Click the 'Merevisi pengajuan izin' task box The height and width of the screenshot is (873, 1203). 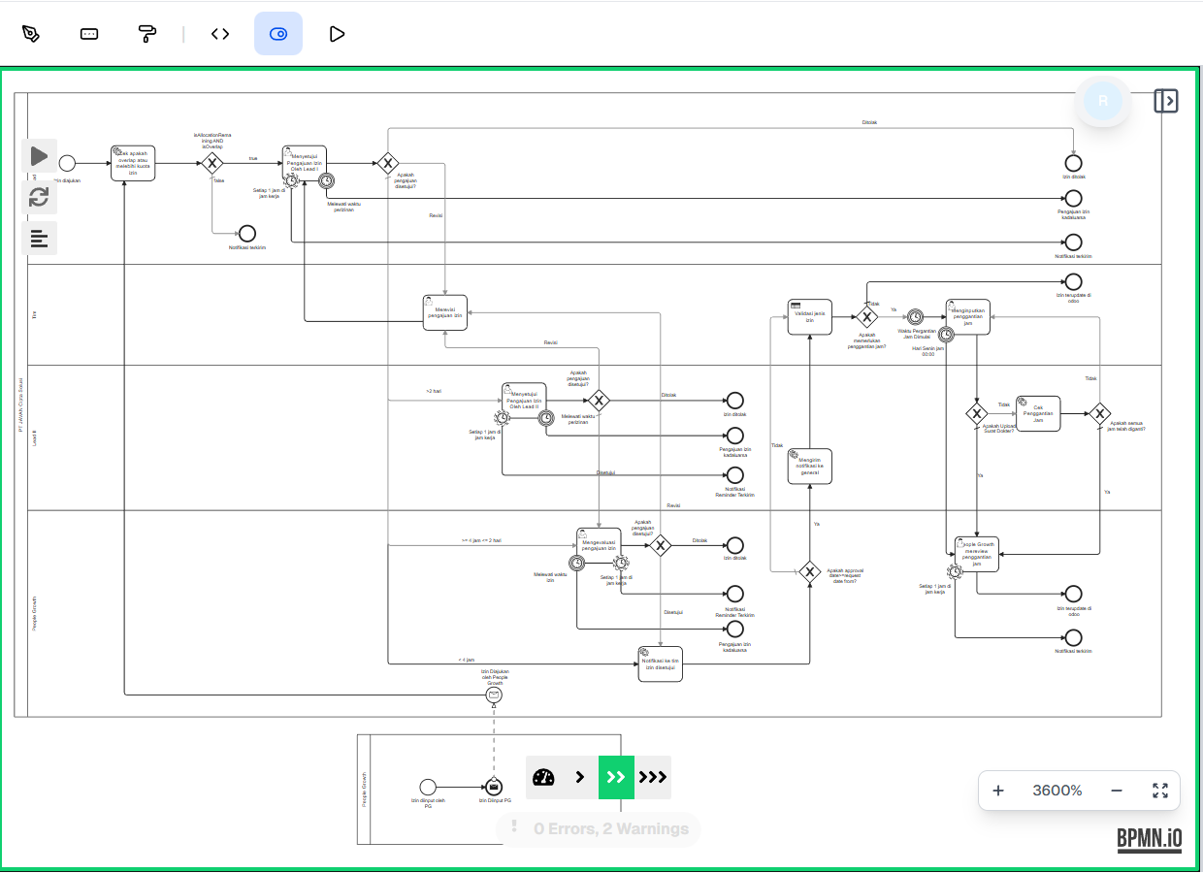[x=445, y=312]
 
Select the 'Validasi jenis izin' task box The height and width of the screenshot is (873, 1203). [x=810, y=317]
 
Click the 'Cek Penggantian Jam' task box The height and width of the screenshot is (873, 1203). [x=1038, y=413]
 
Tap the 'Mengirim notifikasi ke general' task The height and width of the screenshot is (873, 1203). [x=810, y=466]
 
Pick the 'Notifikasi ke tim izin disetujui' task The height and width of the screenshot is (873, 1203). [x=660, y=664]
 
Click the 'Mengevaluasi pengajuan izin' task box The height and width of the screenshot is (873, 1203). [x=598, y=546]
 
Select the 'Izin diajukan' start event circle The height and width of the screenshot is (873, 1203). [x=67, y=163]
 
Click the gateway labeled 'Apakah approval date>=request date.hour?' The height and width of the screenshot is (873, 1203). [x=810, y=571]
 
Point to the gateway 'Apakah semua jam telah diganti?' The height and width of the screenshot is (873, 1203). [x=1099, y=414]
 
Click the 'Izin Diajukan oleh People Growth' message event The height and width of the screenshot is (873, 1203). [x=494, y=695]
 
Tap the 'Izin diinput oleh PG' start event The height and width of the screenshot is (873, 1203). [x=428, y=787]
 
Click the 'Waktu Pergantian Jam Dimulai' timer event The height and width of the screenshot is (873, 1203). [x=915, y=317]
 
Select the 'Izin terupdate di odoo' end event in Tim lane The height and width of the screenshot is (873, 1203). [x=1073, y=281]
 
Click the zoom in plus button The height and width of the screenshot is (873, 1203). [x=998, y=791]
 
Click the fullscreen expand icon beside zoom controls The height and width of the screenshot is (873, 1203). [x=1160, y=791]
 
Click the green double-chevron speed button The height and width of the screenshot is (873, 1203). [x=616, y=777]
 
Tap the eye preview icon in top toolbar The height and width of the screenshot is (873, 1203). [x=278, y=34]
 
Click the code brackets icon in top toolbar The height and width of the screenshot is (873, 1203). [x=220, y=34]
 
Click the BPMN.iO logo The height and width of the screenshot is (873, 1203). [x=1149, y=838]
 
